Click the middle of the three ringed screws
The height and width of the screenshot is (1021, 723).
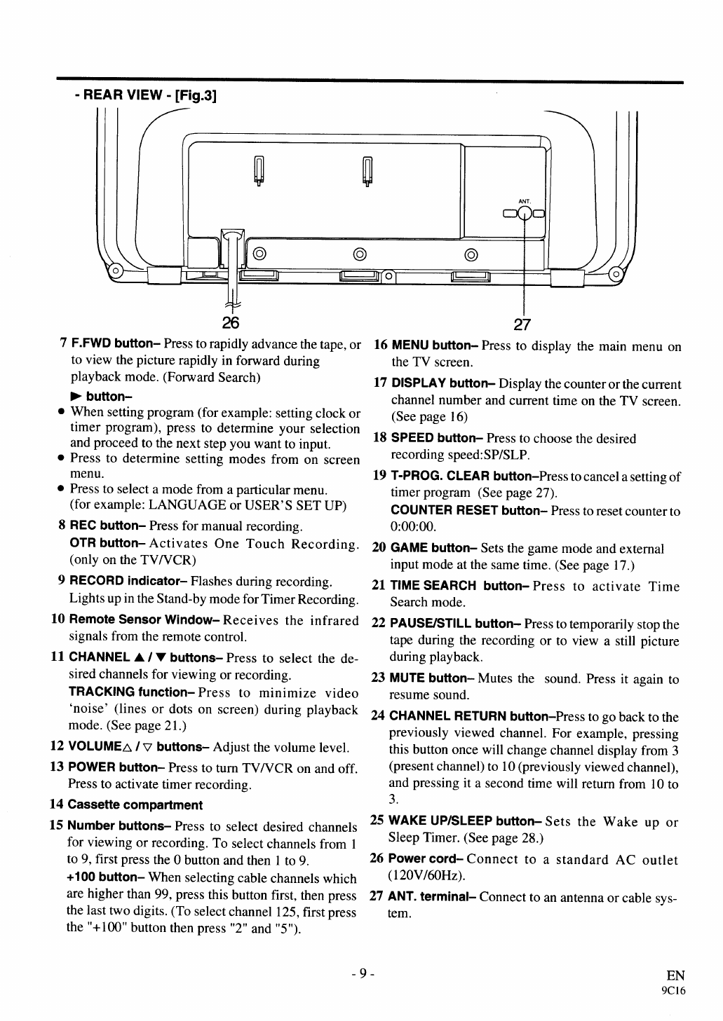point(360,253)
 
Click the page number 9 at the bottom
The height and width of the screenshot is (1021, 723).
point(363,973)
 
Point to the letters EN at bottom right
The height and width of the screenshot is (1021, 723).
point(675,975)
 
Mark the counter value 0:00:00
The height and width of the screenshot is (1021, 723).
point(413,526)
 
